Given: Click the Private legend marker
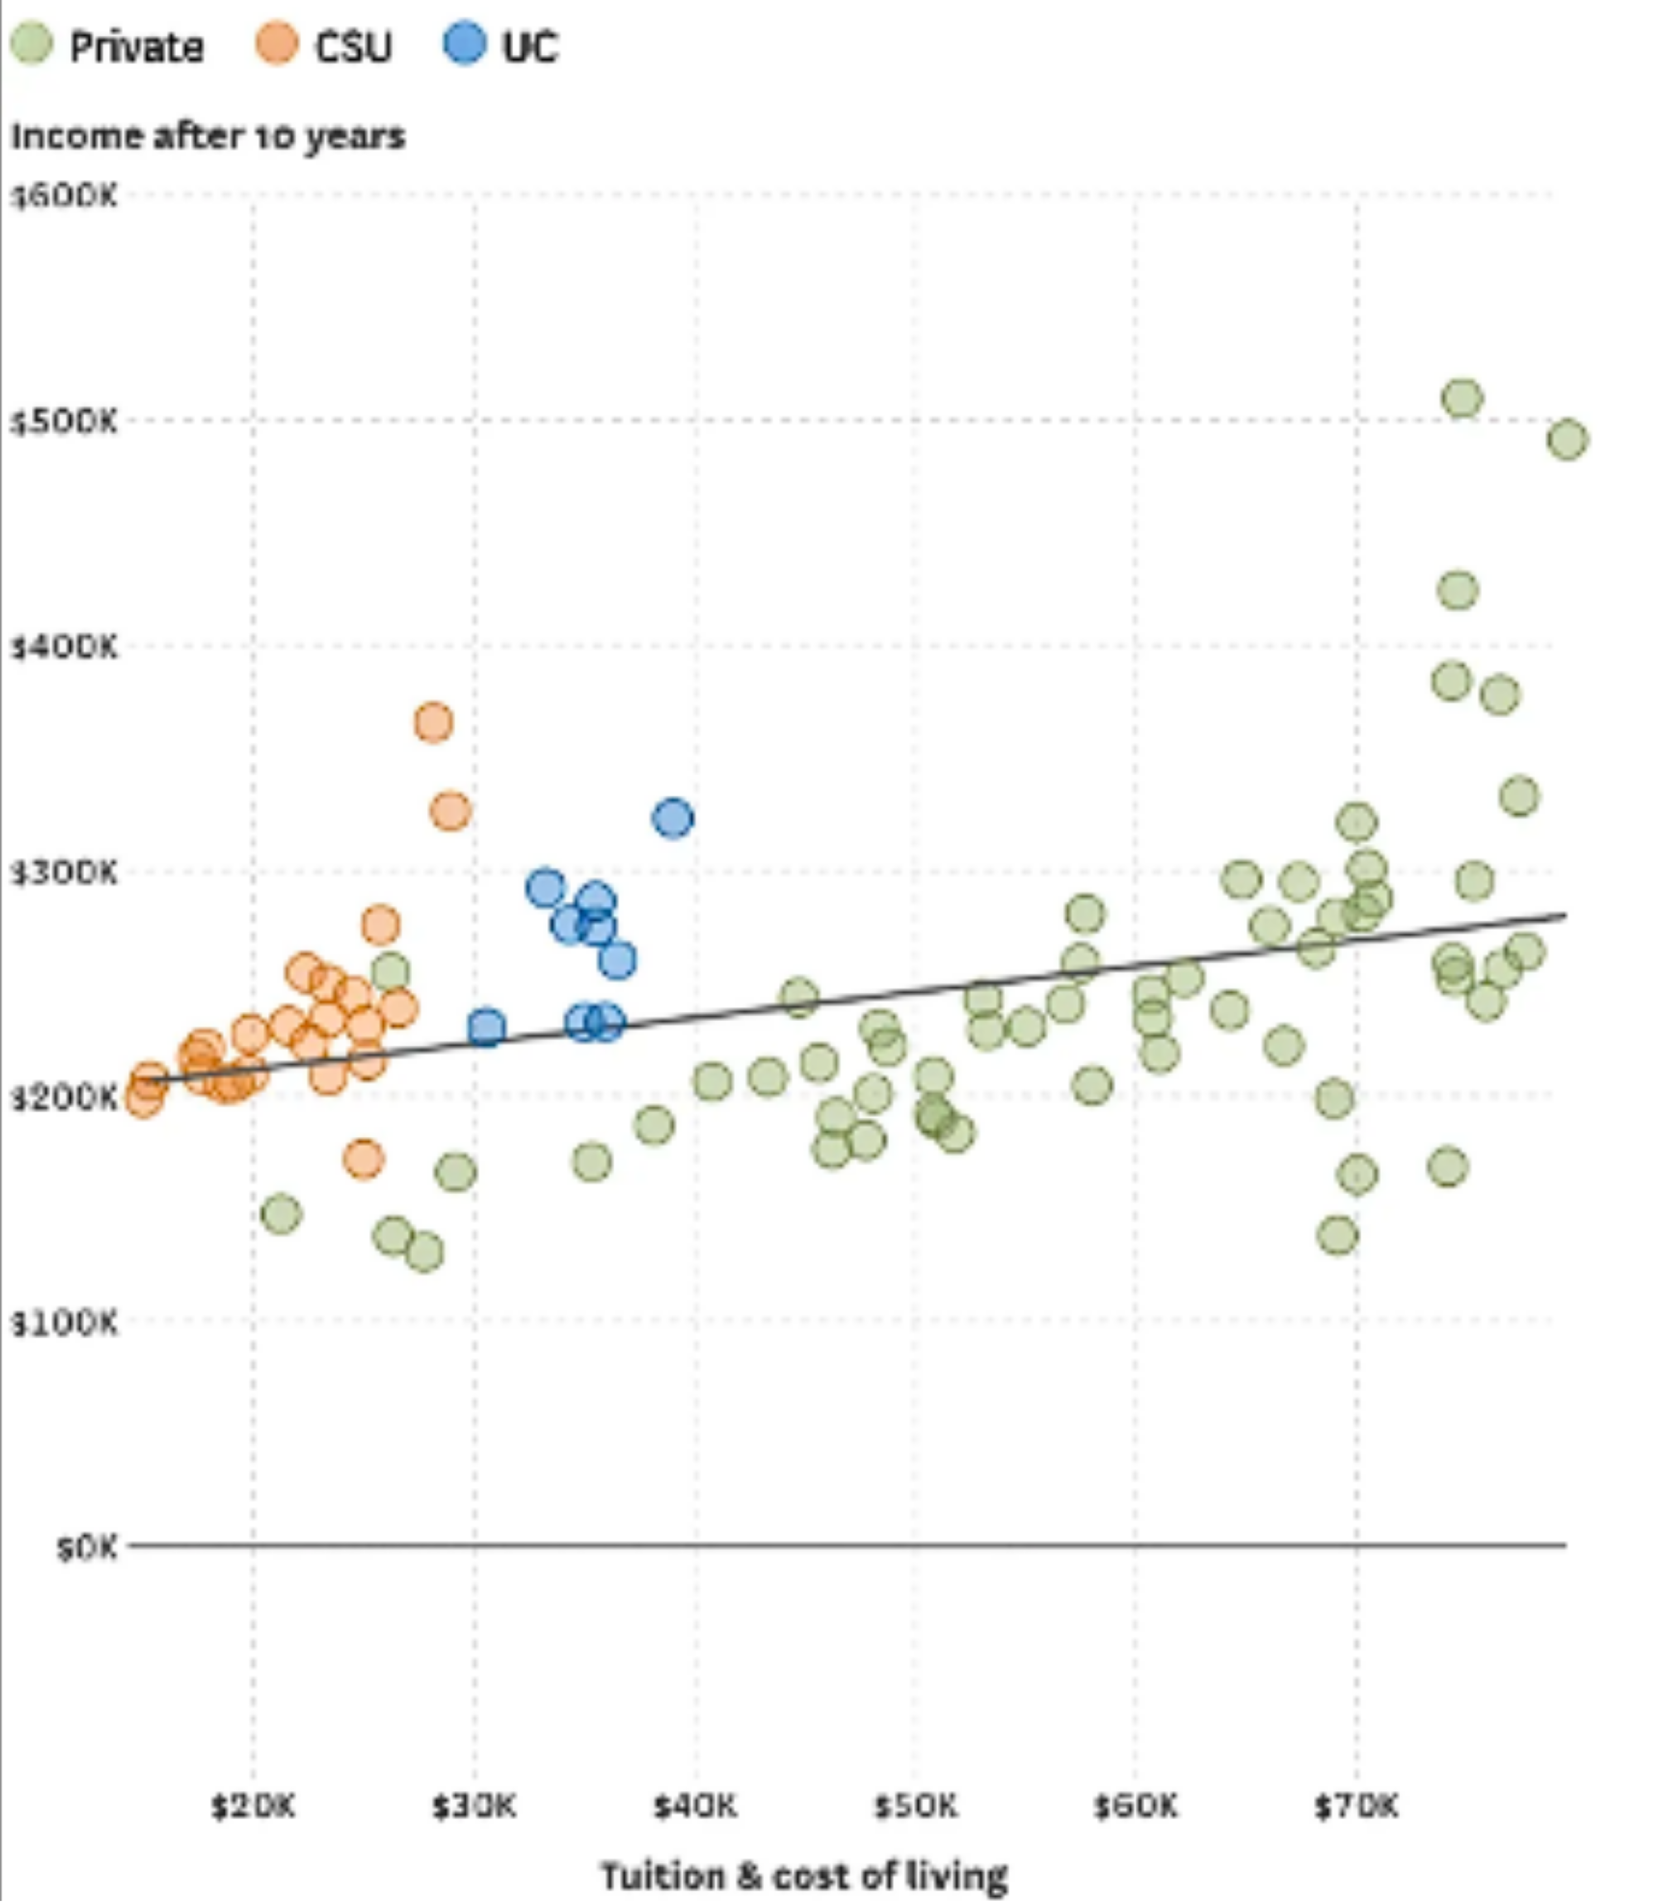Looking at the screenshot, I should pos(32,44).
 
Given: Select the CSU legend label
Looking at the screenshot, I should pos(354,47).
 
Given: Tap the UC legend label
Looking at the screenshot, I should pos(530,47).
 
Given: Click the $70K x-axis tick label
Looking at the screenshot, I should pos(1356,1806).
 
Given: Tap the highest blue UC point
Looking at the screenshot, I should pos(673,818).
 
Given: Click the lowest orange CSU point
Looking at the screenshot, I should pos(363,1159).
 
